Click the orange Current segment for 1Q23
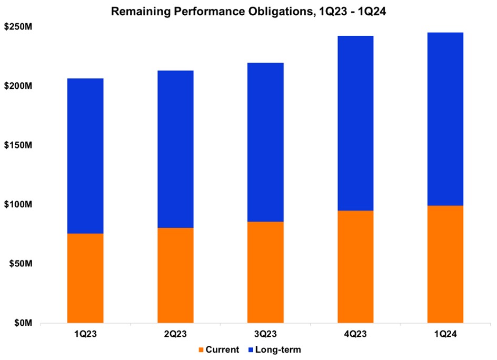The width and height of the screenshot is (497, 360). pyautogui.click(x=85, y=278)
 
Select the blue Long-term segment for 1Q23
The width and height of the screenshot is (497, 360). pyautogui.click(x=85, y=156)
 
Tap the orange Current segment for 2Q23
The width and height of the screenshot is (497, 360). pyautogui.click(x=175, y=275)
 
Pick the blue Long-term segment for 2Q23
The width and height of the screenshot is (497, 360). pyautogui.click(x=175, y=149)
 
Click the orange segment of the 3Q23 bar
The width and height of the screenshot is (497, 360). pyautogui.click(x=265, y=272)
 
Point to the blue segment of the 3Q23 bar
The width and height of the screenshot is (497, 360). pyautogui.click(x=265, y=142)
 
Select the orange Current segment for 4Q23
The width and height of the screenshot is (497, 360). pyautogui.click(x=355, y=267)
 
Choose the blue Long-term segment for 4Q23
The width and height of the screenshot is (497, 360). pyautogui.click(x=355, y=123)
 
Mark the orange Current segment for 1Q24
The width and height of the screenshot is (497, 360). pyautogui.click(x=445, y=264)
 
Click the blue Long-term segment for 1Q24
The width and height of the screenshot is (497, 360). pyautogui.click(x=445, y=119)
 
